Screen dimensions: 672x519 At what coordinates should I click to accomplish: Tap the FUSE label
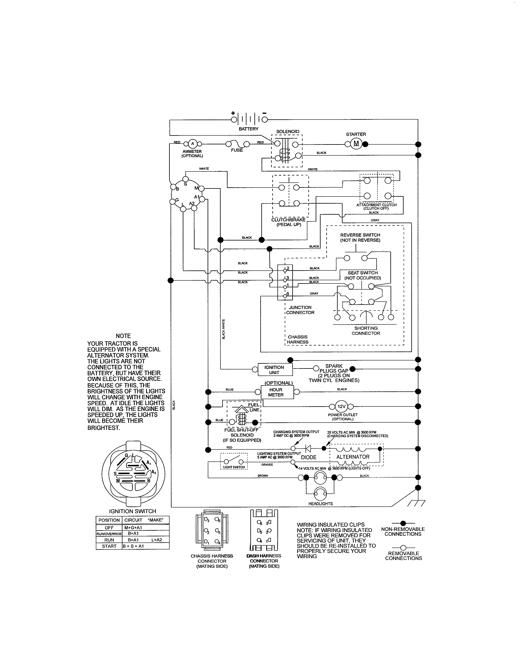[237, 150]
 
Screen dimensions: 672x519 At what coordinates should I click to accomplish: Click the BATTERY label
[249, 129]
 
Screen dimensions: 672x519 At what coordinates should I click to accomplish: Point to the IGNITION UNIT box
[275, 370]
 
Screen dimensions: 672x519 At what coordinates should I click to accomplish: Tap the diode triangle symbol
[308, 449]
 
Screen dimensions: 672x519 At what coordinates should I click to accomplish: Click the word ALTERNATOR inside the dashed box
[353, 457]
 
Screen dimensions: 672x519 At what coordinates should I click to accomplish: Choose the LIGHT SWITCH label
[234, 467]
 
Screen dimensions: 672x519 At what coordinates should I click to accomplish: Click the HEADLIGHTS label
[320, 504]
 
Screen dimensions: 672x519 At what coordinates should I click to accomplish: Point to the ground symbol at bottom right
[416, 503]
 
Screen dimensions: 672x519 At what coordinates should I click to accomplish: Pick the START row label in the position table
[109, 546]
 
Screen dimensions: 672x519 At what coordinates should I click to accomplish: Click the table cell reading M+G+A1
[133, 528]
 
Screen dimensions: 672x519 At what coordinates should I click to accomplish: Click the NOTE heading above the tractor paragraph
[123, 336]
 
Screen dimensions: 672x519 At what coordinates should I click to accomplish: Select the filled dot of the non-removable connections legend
[403, 523]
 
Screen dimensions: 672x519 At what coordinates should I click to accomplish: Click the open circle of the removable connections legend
[403, 547]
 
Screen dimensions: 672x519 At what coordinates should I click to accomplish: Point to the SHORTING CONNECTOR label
[366, 331]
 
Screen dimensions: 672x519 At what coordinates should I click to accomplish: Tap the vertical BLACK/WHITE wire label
[223, 329]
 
